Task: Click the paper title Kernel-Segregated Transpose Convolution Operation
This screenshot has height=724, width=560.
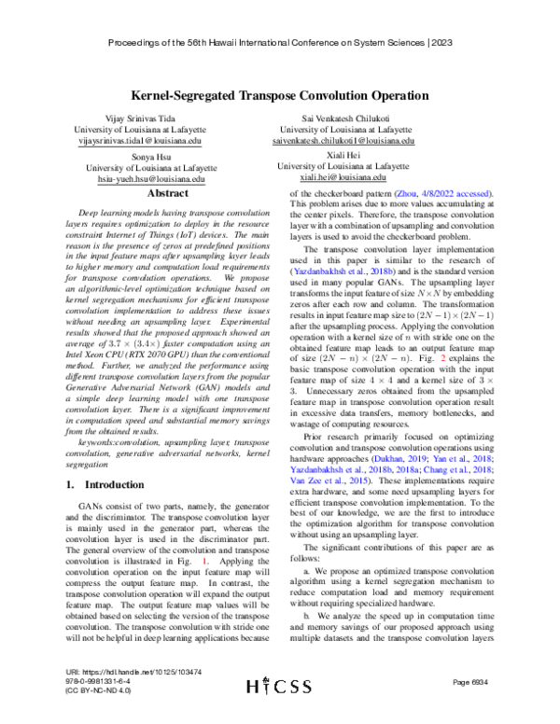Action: [x=279, y=95]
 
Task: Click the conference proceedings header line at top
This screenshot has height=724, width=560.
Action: [x=279, y=43]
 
